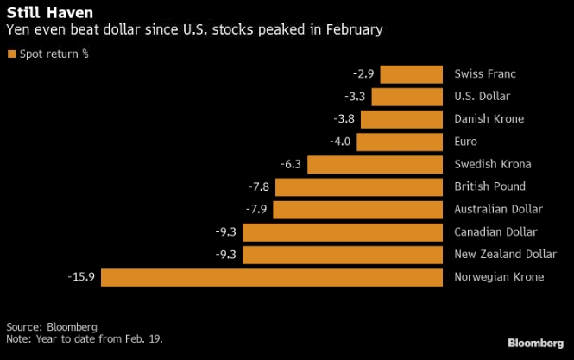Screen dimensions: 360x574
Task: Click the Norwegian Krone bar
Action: coord(274,277)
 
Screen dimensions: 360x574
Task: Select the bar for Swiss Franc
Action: coord(412,74)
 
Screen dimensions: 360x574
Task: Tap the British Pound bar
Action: coord(359,186)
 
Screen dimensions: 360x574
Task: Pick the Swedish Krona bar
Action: coord(375,164)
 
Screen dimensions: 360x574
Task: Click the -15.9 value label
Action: coord(83,277)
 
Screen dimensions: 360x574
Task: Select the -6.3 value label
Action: coord(289,164)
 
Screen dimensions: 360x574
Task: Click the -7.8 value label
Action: coord(257,186)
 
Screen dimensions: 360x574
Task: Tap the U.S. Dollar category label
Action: coord(482,97)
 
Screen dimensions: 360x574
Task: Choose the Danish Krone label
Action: coord(489,119)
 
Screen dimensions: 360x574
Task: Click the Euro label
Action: coord(465,142)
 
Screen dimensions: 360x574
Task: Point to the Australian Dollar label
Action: coord(498,210)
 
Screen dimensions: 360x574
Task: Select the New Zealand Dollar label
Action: coord(504,255)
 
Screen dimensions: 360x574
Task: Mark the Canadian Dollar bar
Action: coord(343,232)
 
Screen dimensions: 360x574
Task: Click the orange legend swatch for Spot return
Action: coord(11,54)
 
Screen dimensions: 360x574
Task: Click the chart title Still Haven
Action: coord(39,13)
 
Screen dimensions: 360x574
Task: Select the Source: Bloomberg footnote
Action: coord(52,327)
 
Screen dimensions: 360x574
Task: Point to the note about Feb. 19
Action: coord(85,338)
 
